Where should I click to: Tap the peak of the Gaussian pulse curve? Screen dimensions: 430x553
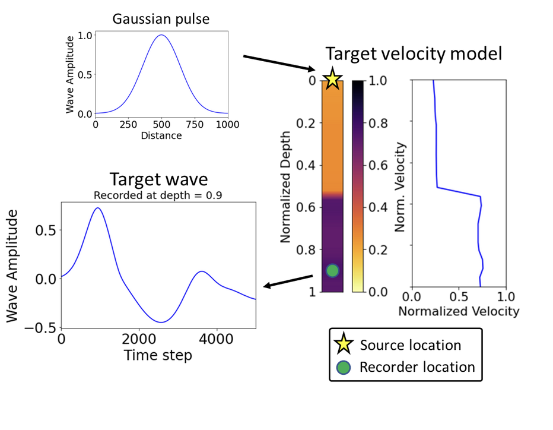coord(161,35)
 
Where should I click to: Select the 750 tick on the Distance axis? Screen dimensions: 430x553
coord(195,125)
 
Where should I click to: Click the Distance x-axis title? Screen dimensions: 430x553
coord(161,135)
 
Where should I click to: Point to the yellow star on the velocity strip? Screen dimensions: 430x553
coord(332,79)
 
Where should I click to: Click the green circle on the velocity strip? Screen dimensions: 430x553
coord(332,270)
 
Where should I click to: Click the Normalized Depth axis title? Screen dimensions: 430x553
coord(285,186)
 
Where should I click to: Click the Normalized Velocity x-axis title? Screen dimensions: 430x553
coord(459,311)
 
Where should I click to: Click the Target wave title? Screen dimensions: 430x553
coord(158,181)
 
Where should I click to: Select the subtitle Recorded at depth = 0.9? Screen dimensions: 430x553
coord(158,195)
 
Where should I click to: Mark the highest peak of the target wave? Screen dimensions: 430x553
coord(98,208)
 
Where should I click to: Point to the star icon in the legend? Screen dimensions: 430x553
coord(346,345)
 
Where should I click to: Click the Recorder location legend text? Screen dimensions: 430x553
coord(417,367)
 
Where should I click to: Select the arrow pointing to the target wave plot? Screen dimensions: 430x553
coord(288,281)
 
